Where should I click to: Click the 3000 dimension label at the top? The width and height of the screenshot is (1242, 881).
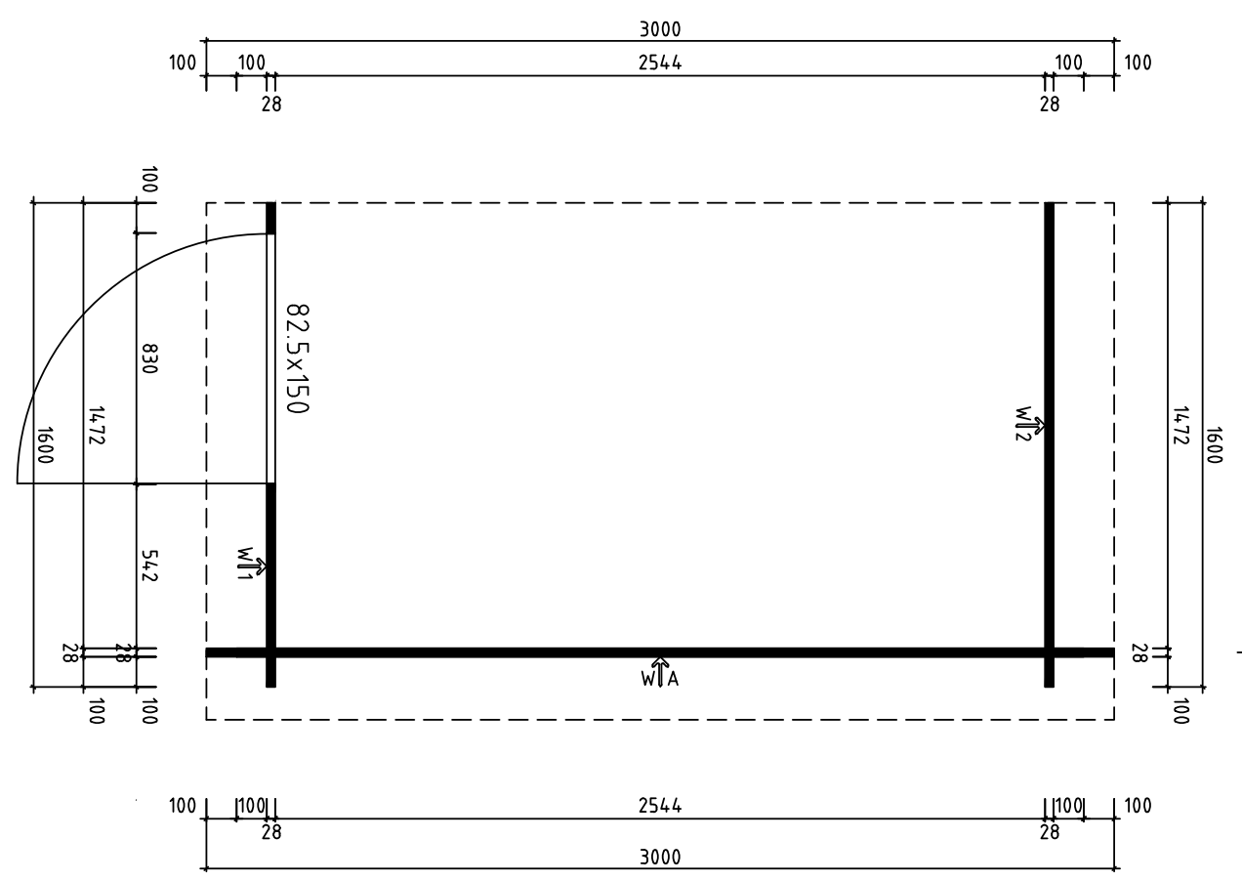click(x=660, y=29)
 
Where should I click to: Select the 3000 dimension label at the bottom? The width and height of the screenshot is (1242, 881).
click(x=660, y=858)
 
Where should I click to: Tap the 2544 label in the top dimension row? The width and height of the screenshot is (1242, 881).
click(x=660, y=63)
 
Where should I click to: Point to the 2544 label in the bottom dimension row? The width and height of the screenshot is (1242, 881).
click(x=660, y=806)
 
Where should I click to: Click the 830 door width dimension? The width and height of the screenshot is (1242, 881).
click(x=149, y=358)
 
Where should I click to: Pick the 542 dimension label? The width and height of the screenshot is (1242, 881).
click(x=149, y=566)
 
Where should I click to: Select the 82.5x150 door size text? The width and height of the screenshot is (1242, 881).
click(x=298, y=358)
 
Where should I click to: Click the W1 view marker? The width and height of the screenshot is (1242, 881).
click(x=251, y=565)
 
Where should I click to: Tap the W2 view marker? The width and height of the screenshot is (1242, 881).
click(x=1029, y=424)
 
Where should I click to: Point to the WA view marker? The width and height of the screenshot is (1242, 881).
click(x=660, y=673)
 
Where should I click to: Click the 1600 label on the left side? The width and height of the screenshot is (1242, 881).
click(x=44, y=445)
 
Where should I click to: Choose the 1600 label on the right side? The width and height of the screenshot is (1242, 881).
click(x=1214, y=445)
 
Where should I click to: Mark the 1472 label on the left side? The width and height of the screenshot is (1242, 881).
click(x=96, y=425)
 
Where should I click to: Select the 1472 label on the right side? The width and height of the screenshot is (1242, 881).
click(x=1180, y=425)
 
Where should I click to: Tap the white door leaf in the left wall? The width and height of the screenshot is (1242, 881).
click(x=270, y=358)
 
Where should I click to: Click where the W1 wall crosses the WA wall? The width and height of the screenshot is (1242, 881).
click(x=270, y=652)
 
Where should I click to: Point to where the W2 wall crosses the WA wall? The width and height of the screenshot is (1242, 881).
click(x=1049, y=652)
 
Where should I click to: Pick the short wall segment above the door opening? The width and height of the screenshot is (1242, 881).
click(x=270, y=218)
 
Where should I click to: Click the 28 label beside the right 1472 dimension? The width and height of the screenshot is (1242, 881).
click(x=1138, y=653)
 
